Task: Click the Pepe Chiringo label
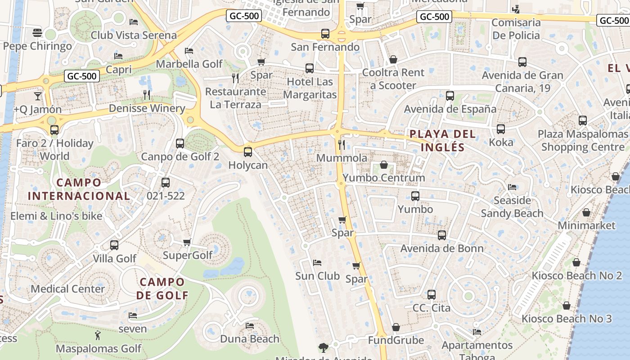pos(37,46)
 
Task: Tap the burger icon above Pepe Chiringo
pos(37,32)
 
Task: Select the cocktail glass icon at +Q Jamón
pos(38,96)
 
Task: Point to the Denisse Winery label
pos(147,108)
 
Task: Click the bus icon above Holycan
pos(248,152)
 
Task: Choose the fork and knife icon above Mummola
pos(342,144)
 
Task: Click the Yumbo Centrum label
pos(384,178)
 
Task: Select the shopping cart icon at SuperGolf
pos(187,243)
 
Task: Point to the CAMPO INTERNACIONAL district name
pos(79,189)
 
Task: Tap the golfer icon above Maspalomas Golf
pos(98,335)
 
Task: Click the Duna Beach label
pos(250,339)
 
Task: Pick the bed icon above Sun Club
pos(317,262)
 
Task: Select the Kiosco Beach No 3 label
pos(567,319)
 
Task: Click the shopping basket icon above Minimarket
pos(586,212)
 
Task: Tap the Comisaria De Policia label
pos(516,29)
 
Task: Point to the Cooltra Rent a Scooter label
pos(393,79)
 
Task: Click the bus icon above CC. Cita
pos(432,295)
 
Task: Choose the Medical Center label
pos(67,288)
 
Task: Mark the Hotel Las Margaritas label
pos(310,88)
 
